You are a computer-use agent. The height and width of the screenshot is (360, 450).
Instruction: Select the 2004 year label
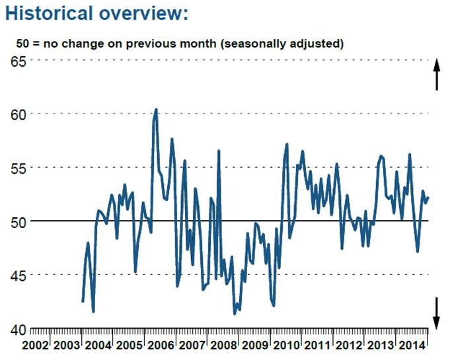[x=98, y=346]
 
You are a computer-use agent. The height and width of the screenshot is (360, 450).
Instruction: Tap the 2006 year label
[x=161, y=346]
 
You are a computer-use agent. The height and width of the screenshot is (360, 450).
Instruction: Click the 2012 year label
[x=349, y=346]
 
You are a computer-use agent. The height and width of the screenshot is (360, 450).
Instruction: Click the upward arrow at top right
[x=436, y=75]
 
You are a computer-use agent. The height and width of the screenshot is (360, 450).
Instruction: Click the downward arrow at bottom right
[x=436, y=312]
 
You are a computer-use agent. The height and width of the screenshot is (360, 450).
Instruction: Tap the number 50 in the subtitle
[x=22, y=45]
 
